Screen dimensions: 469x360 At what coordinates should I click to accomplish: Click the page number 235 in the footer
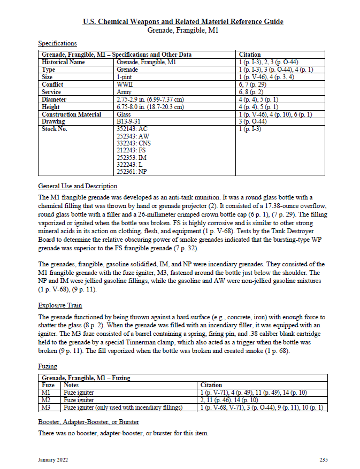[324, 459]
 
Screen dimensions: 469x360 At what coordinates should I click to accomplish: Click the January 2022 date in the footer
[53, 459]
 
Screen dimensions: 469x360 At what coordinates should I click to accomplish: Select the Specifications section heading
[57, 43]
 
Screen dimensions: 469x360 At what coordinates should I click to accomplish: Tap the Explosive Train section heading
[60, 305]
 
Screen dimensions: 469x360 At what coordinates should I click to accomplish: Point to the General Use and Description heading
[78, 186]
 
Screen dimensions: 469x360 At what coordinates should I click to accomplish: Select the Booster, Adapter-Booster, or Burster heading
[89, 421]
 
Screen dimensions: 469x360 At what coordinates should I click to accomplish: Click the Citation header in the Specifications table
[250, 55]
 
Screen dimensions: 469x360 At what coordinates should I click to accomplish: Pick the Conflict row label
[52, 84]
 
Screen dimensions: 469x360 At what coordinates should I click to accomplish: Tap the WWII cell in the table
[125, 84]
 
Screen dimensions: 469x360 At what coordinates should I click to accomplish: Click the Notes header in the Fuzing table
[71, 385]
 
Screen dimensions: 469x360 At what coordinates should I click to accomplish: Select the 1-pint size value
[125, 77]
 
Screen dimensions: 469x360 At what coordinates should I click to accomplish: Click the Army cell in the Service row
[124, 92]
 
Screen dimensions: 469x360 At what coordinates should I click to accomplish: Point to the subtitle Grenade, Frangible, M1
[183, 30]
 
